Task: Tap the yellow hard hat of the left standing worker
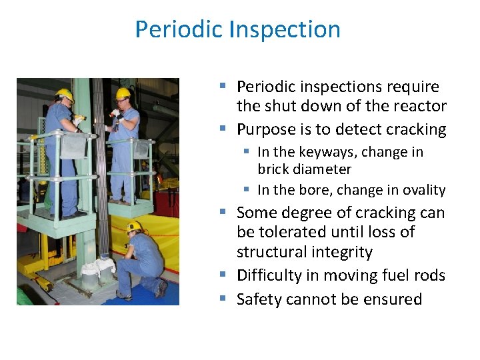coord(64,94)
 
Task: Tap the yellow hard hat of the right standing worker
coord(123,93)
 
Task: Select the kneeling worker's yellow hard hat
coord(135,226)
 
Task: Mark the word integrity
coord(340,252)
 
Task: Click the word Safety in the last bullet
coord(259,299)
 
